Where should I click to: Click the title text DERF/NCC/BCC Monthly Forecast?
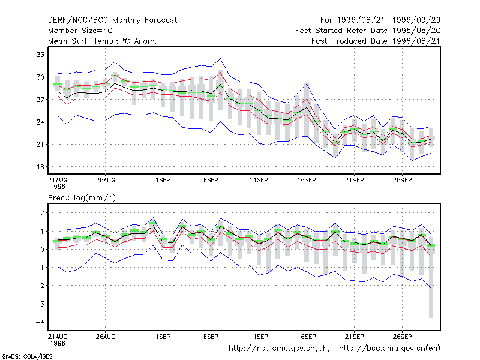pos(112,20)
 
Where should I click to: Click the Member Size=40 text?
pos(80,31)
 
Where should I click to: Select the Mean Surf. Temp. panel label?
pos(102,41)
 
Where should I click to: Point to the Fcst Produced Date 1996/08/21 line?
pos(376,41)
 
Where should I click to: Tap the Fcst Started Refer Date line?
pos(368,31)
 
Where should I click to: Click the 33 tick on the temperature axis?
pos(40,55)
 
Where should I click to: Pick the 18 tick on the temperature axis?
pos(40,167)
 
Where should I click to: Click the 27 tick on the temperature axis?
pos(40,100)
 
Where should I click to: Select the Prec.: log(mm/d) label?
pos(82,198)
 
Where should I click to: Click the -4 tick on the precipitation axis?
pos(40,322)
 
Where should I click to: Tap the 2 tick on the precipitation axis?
pos(42,213)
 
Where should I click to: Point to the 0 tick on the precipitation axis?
pos(42,250)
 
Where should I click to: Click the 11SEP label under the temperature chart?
pos(259,181)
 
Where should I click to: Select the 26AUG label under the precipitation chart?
pos(106,337)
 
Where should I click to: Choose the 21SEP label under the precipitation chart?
pos(355,337)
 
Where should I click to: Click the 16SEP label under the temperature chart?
pos(307,181)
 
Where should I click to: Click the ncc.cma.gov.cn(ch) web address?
pos(279,349)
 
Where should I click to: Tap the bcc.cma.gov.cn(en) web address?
pos(389,349)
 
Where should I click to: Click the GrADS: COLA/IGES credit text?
pos(27,356)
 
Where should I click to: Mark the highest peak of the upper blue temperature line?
pos(220,59)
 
